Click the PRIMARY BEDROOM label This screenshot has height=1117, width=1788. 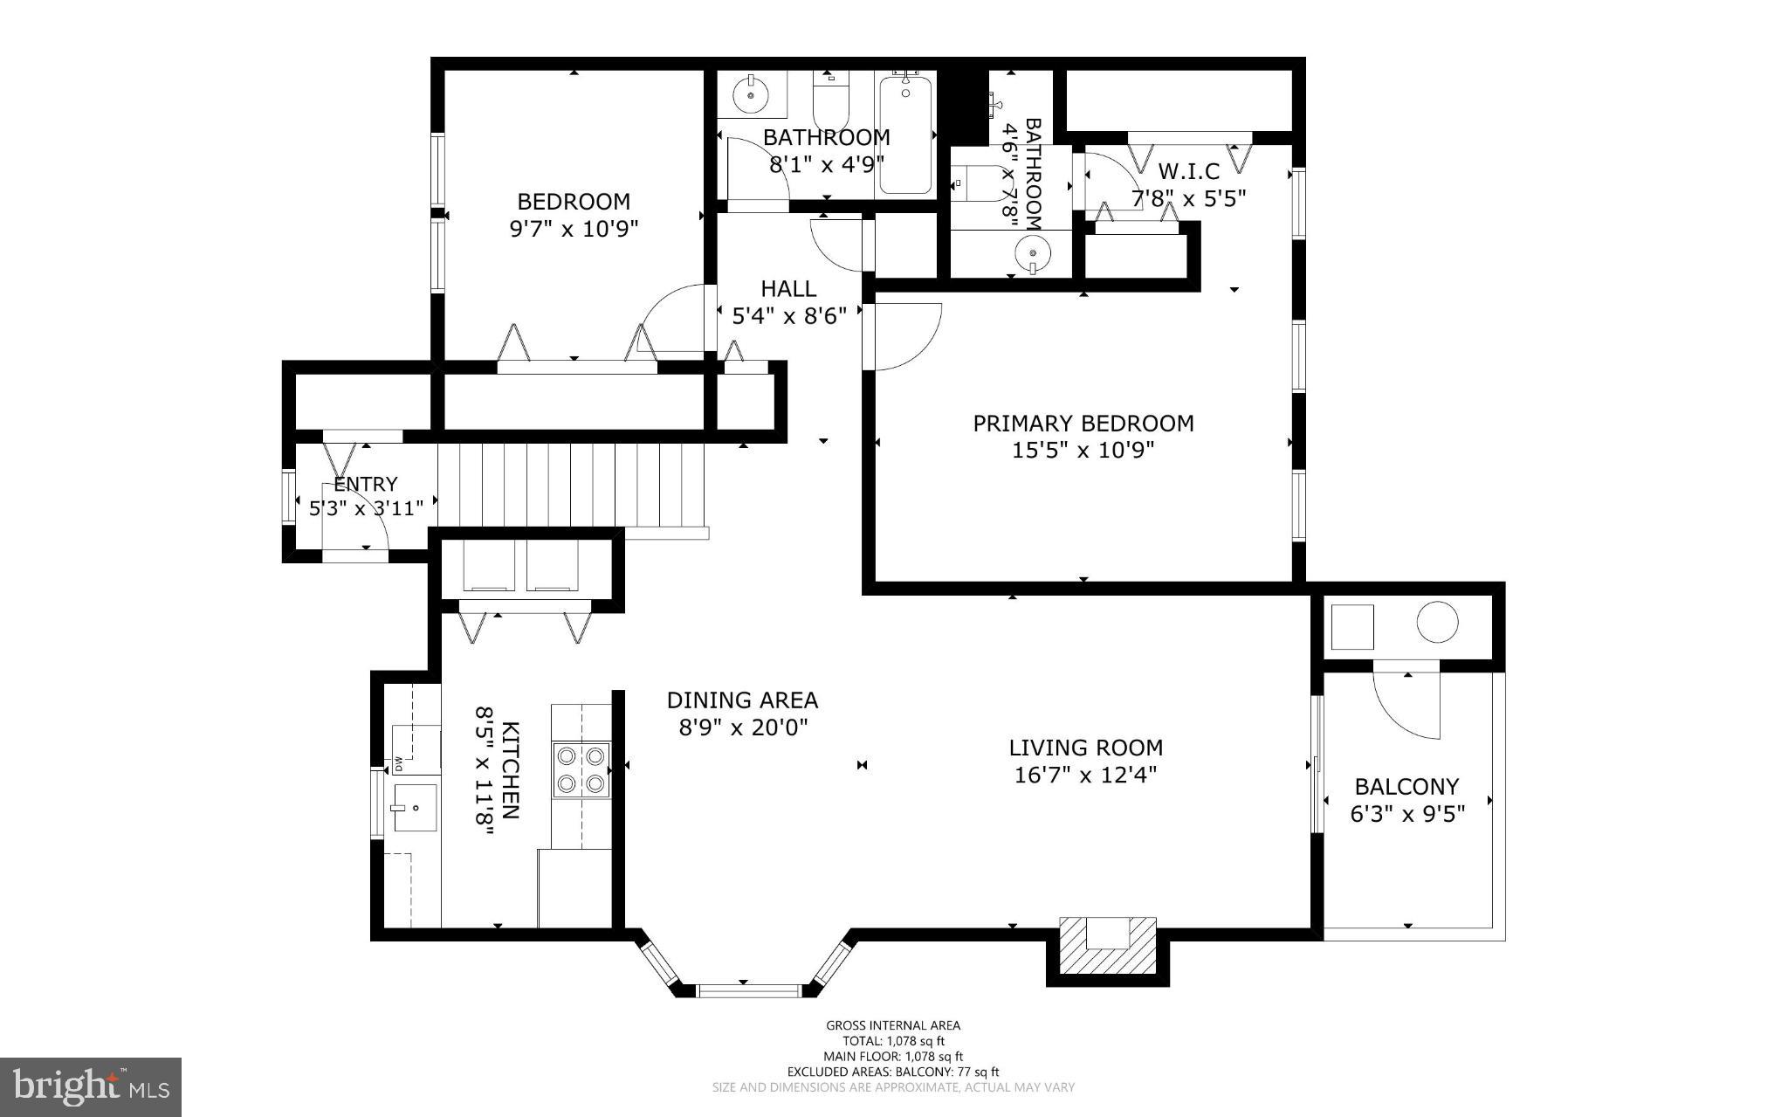(1083, 424)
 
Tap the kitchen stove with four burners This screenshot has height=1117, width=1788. (581, 769)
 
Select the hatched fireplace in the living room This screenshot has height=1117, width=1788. (1107, 948)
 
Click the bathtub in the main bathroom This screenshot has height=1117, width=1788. (905, 134)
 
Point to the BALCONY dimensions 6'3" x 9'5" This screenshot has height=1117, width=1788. (1406, 814)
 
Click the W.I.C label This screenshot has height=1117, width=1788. (1187, 172)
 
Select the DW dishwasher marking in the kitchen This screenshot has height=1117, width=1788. (398, 764)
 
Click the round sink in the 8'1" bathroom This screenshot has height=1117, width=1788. (749, 94)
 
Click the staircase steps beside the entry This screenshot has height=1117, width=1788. (572, 485)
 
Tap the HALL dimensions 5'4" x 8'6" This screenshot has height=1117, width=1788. (789, 316)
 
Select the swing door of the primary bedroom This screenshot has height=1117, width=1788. (906, 336)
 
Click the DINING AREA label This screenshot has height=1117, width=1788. (742, 700)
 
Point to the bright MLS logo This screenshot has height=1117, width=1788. (91, 1086)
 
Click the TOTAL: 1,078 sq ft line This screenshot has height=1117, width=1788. (893, 1041)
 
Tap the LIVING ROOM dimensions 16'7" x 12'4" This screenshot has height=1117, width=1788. (1085, 776)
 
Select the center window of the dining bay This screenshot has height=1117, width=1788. (748, 989)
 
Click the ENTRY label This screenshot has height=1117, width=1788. (366, 484)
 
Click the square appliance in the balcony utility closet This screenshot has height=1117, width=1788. (1351, 626)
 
